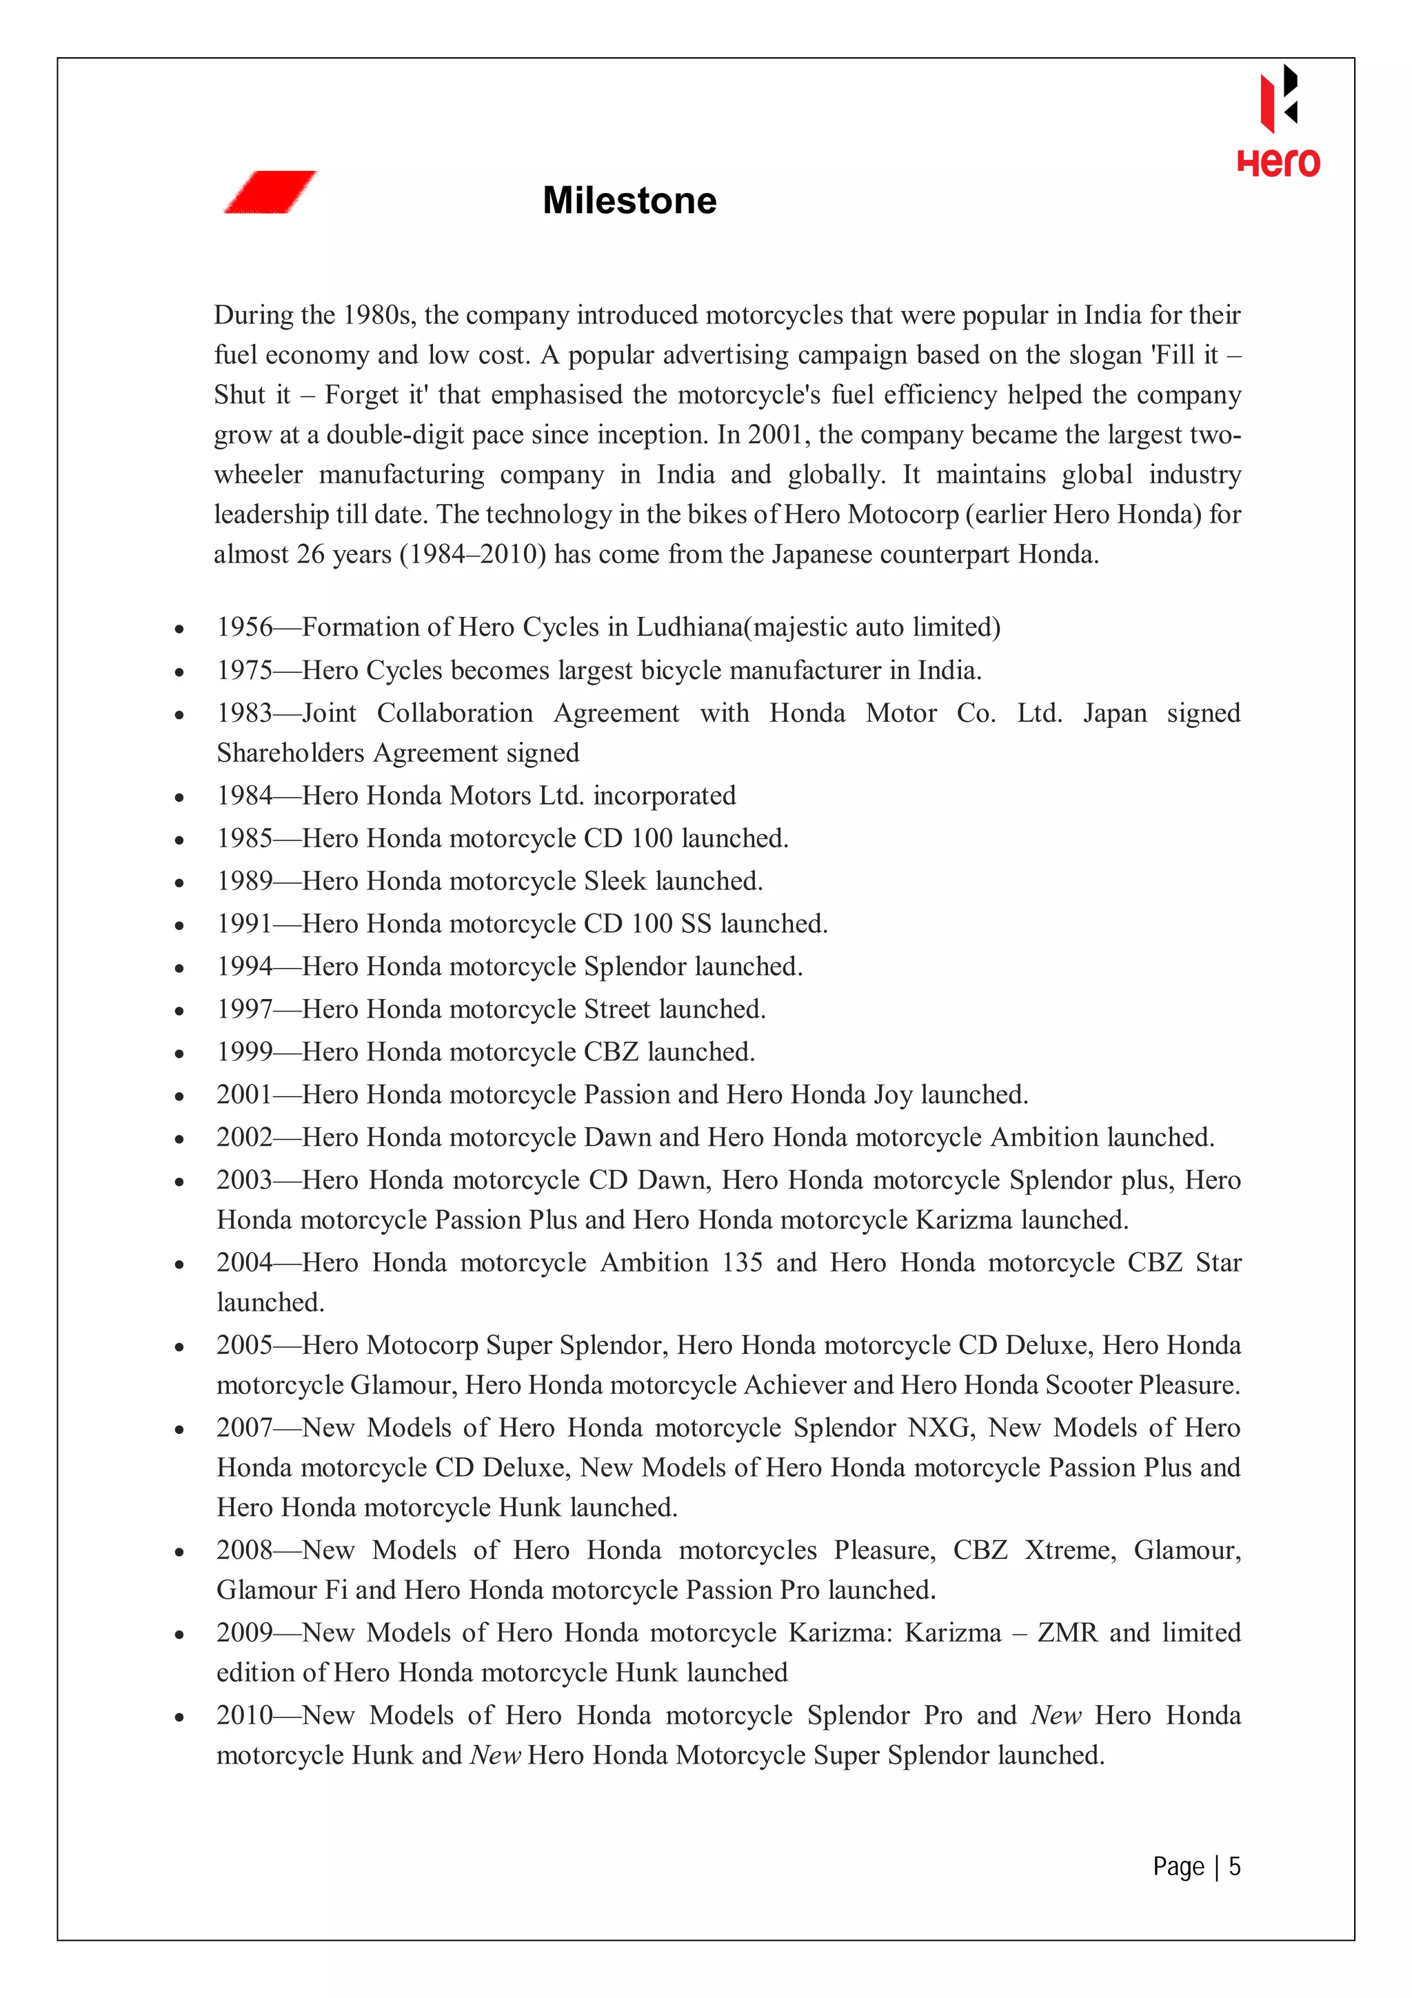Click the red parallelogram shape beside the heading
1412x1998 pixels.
(270, 192)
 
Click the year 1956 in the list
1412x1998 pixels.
(245, 627)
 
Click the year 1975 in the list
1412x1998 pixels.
(245, 670)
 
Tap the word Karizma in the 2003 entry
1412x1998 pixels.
(964, 1220)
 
